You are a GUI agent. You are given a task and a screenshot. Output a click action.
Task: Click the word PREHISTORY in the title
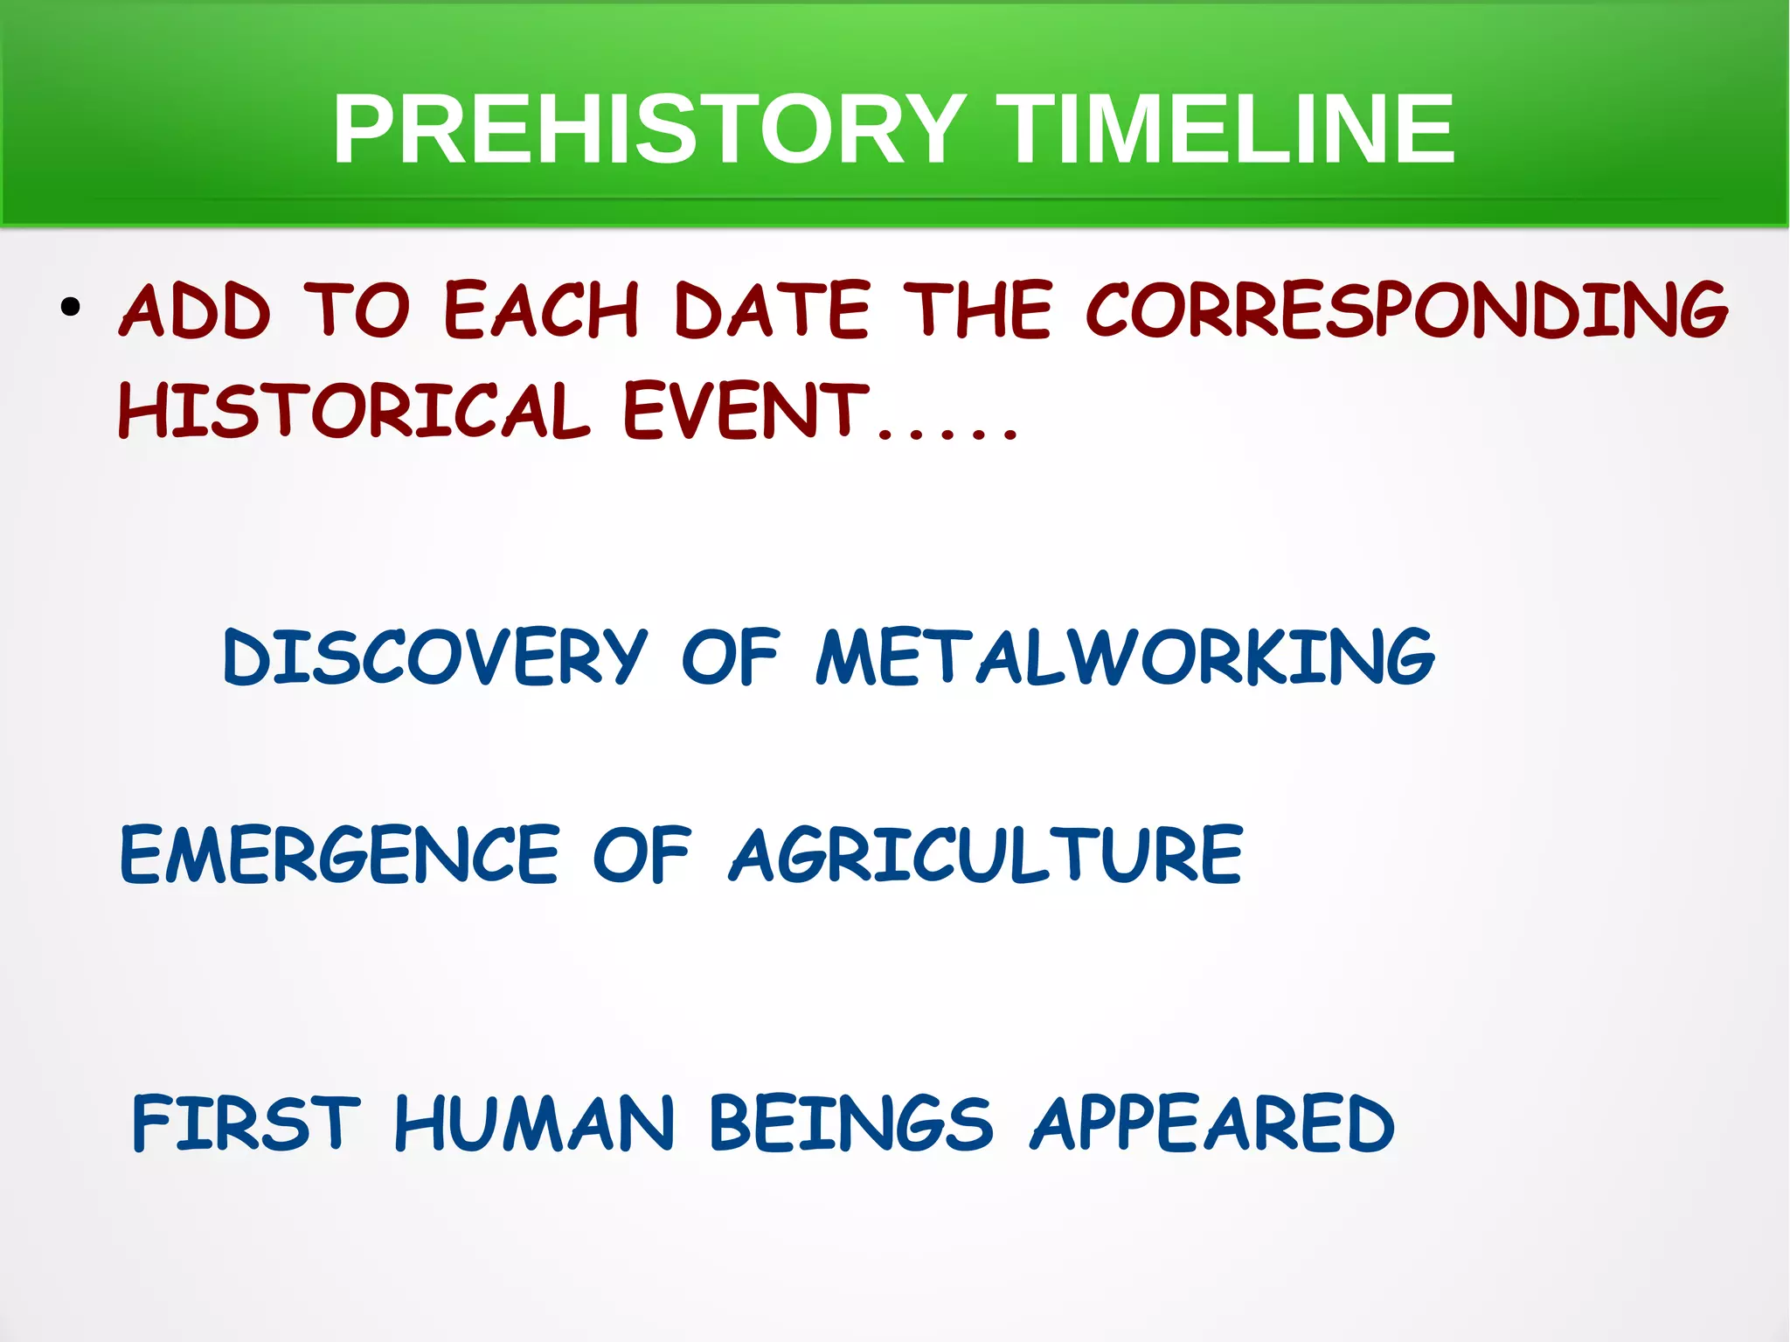pyautogui.click(x=649, y=129)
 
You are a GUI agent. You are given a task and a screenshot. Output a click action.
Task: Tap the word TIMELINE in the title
pyautogui.click(x=1225, y=129)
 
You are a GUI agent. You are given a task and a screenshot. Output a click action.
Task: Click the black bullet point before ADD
pyautogui.click(x=71, y=308)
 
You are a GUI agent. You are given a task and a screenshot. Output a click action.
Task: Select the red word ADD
pyautogui.click(x=196, y=310)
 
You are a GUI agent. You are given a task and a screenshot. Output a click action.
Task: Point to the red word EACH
pyautogui.click(x=542, y=310)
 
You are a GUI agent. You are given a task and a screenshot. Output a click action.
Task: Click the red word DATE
pyautogui.click(x=773, y=310)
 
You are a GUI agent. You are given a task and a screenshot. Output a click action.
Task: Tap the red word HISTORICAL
pyautogui.click(x=354, y=411)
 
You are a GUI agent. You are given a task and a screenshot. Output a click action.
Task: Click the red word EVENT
pyautogui.click(x=746, y=411)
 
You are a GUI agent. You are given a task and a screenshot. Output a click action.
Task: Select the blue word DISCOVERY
pyautogui.click(x=435, y=657)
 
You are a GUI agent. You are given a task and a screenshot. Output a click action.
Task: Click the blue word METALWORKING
pyautogui.click(x=1125, y=657)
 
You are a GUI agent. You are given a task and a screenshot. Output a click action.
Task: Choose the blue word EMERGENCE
pyautogui.click(x=339, y=855)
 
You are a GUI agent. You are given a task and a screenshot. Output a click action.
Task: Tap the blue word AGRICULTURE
pyautogui.click(x=986, y=855)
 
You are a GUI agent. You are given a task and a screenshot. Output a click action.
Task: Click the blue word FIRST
pyautogui.click(x=246, y=1123)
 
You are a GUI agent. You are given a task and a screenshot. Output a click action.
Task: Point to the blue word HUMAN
pyautogui.click(x=535, y=1123)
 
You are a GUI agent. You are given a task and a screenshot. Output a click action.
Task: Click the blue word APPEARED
pyautogui.click(x=1213, y=1123)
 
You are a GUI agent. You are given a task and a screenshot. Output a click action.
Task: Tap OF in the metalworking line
pyautogui.click(x=730, y=657)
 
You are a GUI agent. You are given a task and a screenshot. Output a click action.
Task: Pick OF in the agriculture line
pyautogui.click(x=642, y=855)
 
